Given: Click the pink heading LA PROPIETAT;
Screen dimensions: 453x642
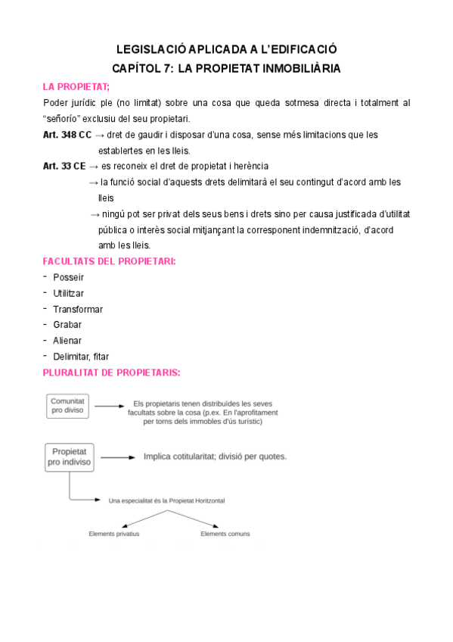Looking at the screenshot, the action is click(76, 86).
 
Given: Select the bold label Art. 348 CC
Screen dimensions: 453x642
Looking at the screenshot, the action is click(67, 135).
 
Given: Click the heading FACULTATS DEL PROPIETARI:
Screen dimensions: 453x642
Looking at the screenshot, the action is click(109, 261).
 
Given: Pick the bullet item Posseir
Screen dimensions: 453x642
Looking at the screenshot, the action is click(68, 277).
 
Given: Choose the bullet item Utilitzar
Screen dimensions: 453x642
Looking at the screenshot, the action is click(68, 293).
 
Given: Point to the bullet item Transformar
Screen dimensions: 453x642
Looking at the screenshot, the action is click(78, 309).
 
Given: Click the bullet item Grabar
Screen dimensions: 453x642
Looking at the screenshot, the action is click(67, 325).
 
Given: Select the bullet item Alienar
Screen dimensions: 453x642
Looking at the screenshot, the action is click(67, 341).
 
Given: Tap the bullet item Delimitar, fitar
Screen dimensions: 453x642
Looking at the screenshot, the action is click(81, 357).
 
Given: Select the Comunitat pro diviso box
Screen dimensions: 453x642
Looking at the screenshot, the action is click(68, 405).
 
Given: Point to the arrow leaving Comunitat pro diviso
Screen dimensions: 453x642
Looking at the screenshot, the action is click(109, 407).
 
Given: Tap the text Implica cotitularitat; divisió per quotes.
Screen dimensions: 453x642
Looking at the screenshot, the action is click(215, 457).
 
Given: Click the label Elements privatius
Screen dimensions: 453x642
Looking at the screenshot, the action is click(114, 534).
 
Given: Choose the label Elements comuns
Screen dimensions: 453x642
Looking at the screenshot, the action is click(225, 534).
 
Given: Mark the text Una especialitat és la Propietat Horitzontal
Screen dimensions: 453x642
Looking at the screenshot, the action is click(166, 500).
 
